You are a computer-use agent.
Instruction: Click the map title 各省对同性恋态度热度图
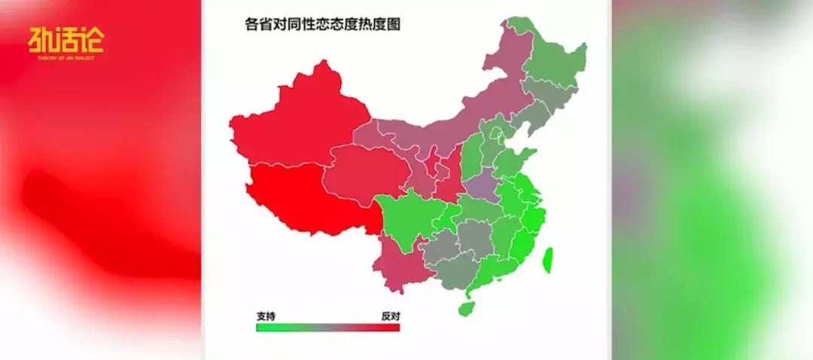[323, 24]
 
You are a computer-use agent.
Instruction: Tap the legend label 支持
[265, 316]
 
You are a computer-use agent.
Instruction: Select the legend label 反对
[389, 316]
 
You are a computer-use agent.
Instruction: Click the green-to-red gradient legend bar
[327, 327]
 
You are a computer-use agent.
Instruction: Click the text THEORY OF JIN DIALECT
[65, 57]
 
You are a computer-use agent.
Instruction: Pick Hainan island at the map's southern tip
[467, 307]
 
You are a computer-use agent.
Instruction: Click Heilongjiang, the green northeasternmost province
[553, 56]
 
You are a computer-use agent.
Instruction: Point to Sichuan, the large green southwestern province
[406, 218]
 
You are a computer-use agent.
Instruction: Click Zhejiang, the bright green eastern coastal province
[534, 218]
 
